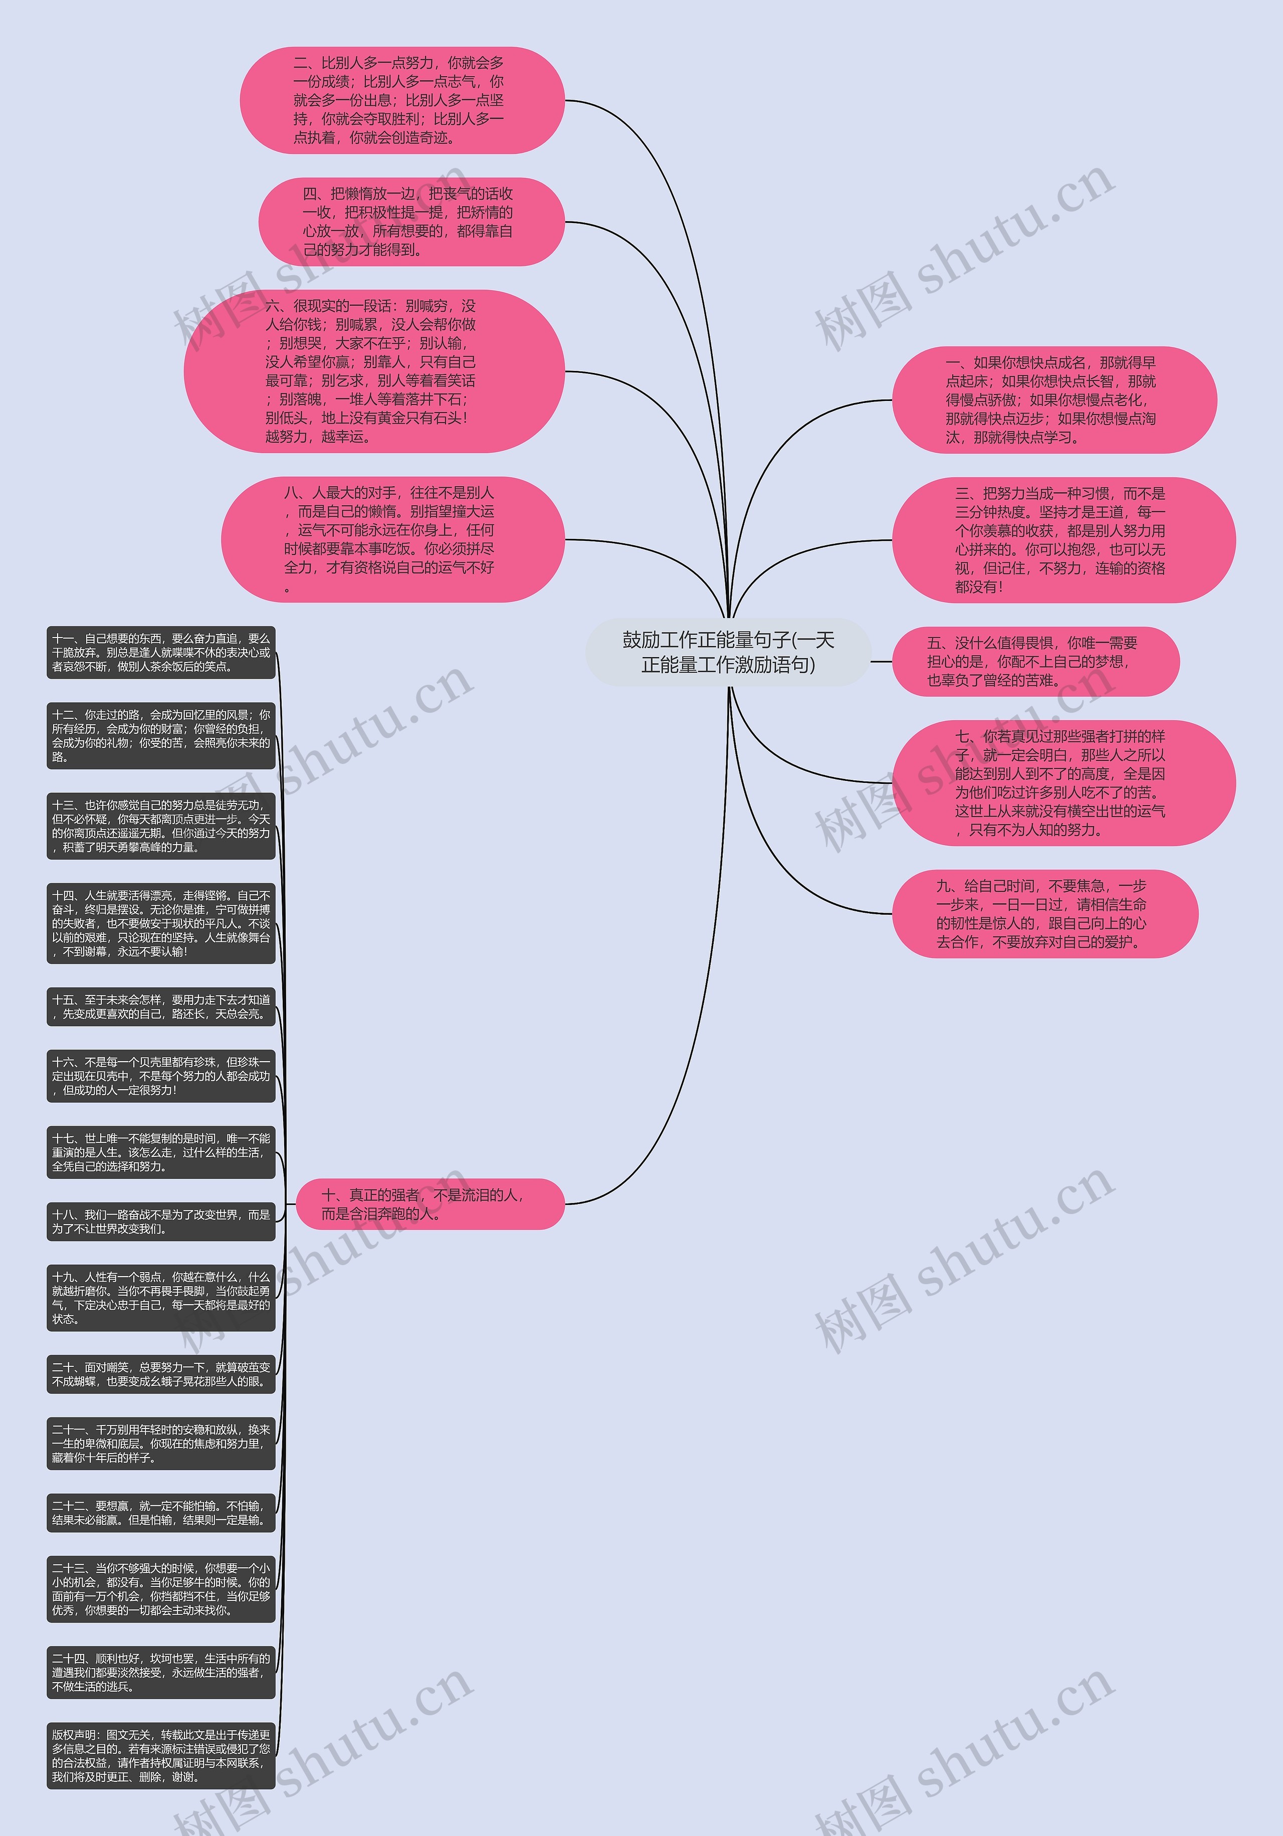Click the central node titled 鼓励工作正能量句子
coord(728,652)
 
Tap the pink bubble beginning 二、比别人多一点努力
coord(402,100)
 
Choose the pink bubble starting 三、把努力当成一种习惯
coord(1063,540)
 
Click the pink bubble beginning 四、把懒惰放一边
coord(411,222)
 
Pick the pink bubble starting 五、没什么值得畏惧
coord(1035,661)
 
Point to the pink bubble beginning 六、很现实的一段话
coord(374,371)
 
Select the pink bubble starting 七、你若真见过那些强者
coord(1063,783)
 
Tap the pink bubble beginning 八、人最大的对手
coord(392,540)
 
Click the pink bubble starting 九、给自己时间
coord(1045,913)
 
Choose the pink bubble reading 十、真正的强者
coord(430,1203)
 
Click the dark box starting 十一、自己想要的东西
coord(161,653)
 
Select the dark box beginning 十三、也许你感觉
coord(161,826)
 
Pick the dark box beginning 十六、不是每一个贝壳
coord(161,1076)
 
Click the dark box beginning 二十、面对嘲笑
coord(161,1374)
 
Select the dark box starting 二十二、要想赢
coord(161,1513)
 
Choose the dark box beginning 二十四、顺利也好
coord(161,1672)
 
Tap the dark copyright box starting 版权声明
coord(161,1756)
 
